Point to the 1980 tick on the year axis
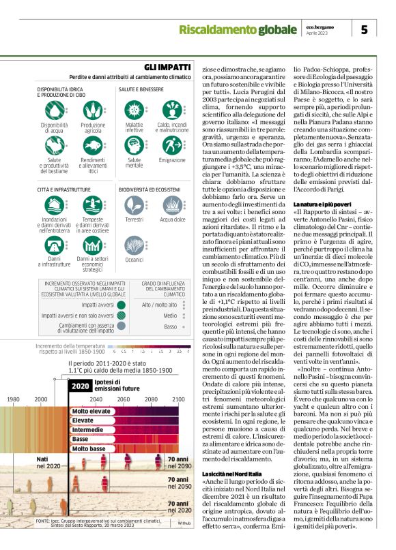click(x=13, y=399)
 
